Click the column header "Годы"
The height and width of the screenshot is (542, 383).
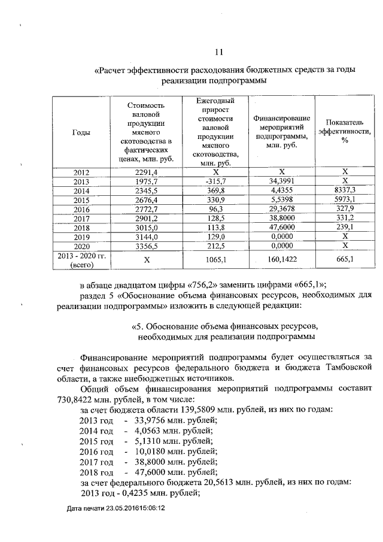(81, 132)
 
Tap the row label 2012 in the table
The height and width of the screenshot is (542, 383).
(81, 172)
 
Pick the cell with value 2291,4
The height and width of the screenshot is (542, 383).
(147, 172)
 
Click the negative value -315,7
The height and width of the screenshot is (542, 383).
(215, 181)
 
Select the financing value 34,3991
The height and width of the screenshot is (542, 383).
(281, 181)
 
